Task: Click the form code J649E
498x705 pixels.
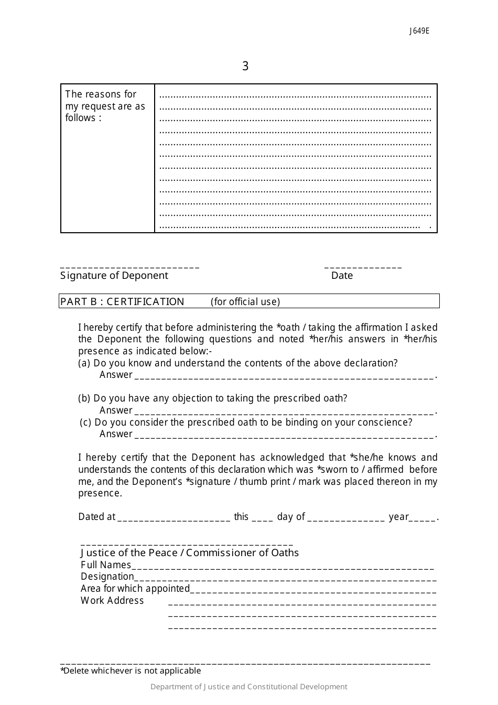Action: [419, 31]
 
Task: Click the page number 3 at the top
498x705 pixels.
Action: [245, 66]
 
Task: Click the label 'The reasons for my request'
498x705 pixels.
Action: [105, 106]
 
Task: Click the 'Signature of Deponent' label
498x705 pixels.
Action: [114, 276]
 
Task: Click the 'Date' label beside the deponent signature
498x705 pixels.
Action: [342, 276]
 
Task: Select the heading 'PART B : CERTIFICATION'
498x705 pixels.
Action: [122, 301]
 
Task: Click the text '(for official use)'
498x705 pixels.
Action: [245, 302]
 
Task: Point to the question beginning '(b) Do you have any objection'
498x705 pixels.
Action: [213, 398]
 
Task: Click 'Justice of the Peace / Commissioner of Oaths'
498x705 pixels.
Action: [189, 553]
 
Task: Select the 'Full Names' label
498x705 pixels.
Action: [106, 565]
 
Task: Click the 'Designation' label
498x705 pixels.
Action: [107, 577]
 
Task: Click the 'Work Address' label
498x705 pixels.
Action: [112, 601]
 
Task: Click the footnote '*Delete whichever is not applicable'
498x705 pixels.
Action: [131, 671]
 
